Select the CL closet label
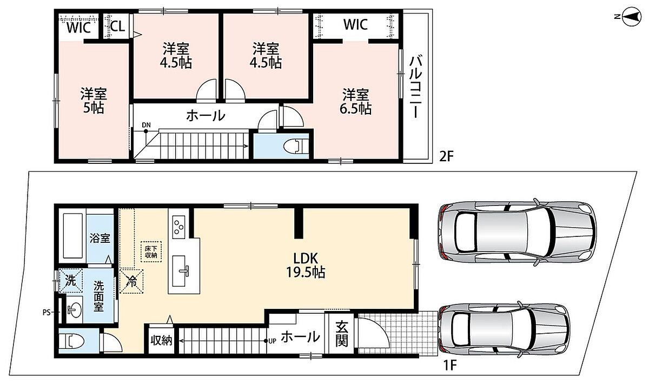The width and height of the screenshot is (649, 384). pos(117,27)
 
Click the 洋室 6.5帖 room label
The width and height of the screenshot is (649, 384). pos(355,102)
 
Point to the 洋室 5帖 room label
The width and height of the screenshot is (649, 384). pos(94,100)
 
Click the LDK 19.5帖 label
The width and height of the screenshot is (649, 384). pos(306,265)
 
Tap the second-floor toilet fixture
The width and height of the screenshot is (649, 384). pos(295,146)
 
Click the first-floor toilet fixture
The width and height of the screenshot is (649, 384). pos(71,341)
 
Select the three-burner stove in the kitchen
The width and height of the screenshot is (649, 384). pos(178,227)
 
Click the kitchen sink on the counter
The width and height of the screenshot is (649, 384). pos(180,271)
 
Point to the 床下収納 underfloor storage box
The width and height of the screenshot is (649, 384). pos(151,251)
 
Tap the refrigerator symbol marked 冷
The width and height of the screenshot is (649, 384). pos(131,281)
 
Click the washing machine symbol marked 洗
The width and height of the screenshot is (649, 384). pos(71,281)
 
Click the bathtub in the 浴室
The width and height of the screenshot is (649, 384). pos(72,236)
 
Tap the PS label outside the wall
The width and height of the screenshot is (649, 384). pos(47,313)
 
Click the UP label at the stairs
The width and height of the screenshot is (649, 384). pos(273,341)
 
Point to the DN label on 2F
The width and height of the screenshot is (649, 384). pos(147,125)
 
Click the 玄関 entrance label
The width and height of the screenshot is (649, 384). pos(342,334)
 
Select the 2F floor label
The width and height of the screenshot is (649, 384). pos(446,157)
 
